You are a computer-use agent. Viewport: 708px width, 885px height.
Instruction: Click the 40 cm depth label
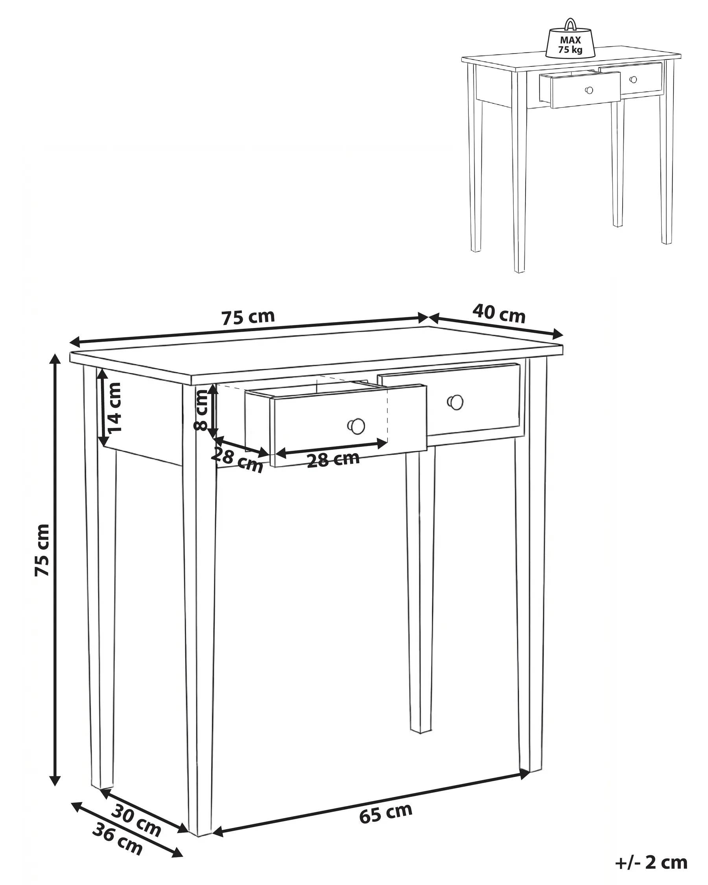499,314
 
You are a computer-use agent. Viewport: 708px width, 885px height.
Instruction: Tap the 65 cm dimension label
385,813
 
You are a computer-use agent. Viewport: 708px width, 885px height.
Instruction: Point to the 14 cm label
115,407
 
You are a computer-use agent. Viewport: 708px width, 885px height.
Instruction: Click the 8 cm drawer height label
201,410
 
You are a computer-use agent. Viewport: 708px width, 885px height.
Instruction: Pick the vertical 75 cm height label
42,550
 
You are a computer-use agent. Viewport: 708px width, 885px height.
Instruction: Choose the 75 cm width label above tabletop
248,317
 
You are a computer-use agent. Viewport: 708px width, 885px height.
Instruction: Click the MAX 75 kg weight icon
570,43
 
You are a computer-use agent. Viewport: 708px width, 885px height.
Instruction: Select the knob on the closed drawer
455,402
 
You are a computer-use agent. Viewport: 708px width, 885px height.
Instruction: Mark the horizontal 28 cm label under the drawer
333,459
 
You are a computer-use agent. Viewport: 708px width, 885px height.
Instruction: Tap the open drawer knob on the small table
589,90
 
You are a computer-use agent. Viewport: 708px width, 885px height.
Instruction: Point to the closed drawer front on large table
472,400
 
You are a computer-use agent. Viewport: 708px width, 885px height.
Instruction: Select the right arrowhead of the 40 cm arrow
558,334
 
